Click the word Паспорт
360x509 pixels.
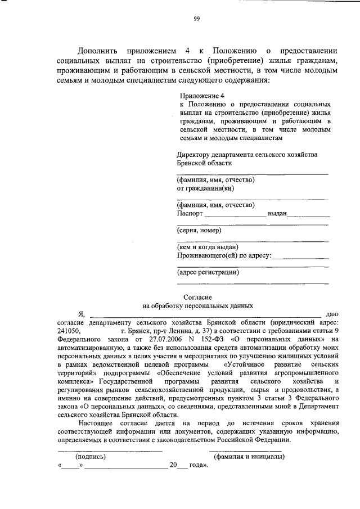pyautogui.click(x=190, y=214)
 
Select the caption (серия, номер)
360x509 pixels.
pyautogui.click(x=199, y=230)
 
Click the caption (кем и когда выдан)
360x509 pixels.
pyautogui.click(x=208, y=247)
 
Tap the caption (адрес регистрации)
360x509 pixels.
pyautogui.click(x=208, y=272)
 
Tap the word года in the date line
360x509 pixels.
pyautogui.click(x=197, y=465)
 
